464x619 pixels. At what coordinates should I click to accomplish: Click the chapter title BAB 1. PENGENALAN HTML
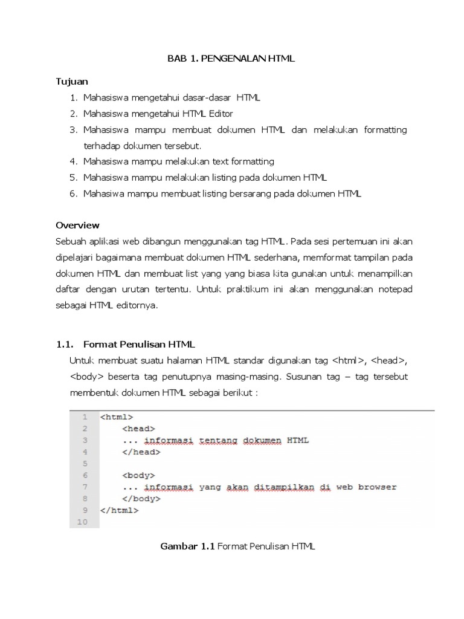coord(231,59)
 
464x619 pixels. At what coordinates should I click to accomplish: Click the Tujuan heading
coord(72,81)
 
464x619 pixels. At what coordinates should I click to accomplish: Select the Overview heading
coord(77,225)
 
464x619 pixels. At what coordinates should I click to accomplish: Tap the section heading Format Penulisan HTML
coord(139,345)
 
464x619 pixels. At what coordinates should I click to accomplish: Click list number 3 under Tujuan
coord(74,130)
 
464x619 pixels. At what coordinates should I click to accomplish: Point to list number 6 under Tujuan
coord(74,193)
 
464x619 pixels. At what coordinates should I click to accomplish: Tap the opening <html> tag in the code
coord(116,417)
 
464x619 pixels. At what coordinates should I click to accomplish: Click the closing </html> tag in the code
coord(119,510)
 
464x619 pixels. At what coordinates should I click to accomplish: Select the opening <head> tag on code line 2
coord(138,429)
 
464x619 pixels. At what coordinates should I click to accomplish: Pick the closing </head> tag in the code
coord(141,452)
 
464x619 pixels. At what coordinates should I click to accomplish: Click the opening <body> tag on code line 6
coord(138,475)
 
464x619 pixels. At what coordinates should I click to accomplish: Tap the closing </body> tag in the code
coord(141,499)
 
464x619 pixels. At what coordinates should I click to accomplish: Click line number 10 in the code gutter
coord(83,522)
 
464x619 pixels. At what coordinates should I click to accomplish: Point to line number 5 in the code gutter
coord(85,464)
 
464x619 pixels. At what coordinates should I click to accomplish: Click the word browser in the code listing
coord(377,487)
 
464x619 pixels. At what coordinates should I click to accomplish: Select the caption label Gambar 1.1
coord(187,546)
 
